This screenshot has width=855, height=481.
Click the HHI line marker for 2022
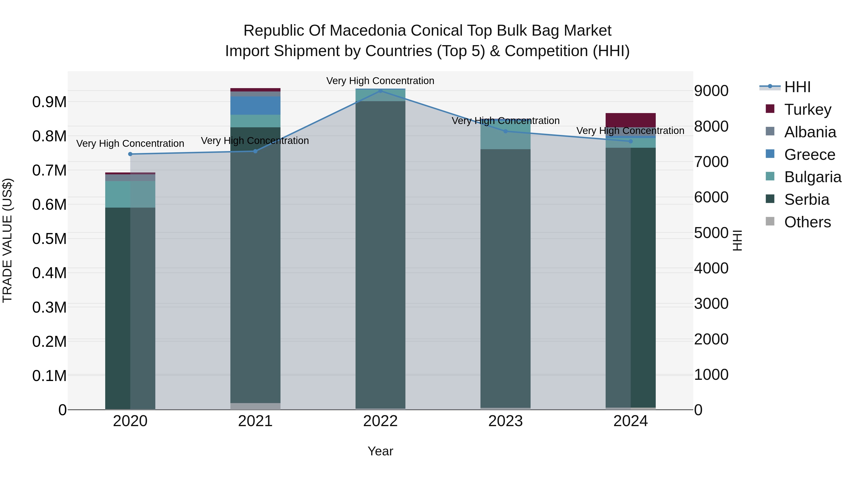click(380, 91)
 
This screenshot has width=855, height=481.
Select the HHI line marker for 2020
click(130, 154)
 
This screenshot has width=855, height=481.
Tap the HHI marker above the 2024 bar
click(631, 141)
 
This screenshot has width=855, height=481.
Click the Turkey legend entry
click(807, 110)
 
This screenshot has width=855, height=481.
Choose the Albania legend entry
click(810, 132)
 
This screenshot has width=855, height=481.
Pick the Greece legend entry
click(809, 155)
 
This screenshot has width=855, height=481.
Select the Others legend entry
click(807, 222)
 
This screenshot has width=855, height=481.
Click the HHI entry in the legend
click(797, 87)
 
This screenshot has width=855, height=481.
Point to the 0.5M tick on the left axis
click(49, 239)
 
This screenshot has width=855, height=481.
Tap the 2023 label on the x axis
click(505, 421)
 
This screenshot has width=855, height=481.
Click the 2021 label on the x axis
click(255, 421)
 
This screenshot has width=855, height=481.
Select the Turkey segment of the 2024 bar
click(631, 120)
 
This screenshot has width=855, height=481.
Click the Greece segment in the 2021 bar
click(255, 105)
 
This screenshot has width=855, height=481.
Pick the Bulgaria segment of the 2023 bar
click(505, 134)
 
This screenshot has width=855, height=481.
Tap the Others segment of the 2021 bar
click(255, 406)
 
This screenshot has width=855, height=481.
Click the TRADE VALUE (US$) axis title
click(7, 240)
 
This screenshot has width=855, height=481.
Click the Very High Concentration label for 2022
click(380, 81)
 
